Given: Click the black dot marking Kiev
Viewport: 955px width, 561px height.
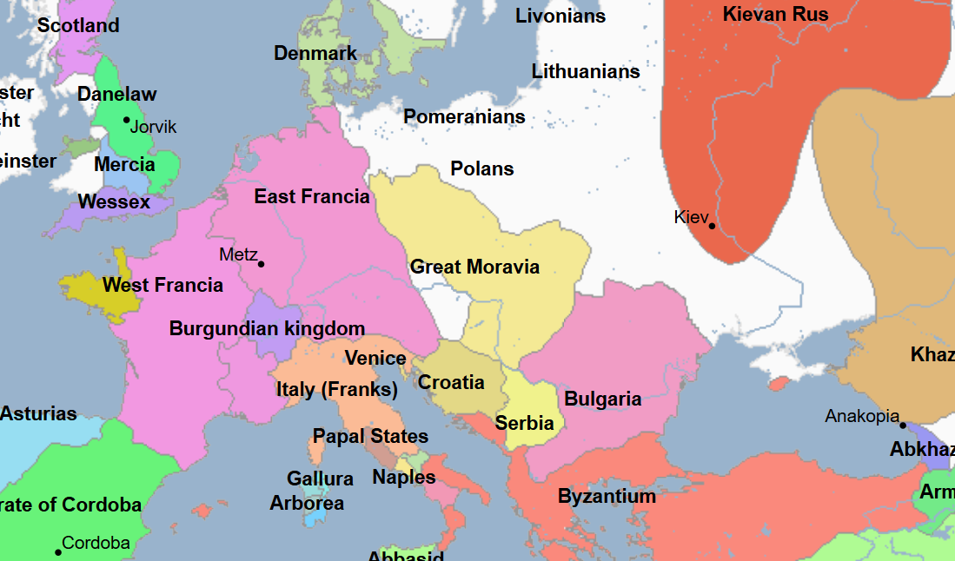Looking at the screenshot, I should (x=712, y=227).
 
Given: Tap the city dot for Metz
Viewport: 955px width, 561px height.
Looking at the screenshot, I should (x=261, y=264).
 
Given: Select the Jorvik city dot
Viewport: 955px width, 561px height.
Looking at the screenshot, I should (x=126, y=120).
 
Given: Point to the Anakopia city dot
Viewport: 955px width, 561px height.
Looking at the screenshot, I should (x=903, y=426).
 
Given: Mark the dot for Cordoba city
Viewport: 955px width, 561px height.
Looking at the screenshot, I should (x=58, y=552).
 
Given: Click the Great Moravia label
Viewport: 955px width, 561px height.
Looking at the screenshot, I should (x=474, y=267).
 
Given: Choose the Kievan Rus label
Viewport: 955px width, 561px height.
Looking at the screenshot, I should (x=775, y=14).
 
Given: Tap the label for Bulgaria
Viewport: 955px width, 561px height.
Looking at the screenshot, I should (x=603, y=399).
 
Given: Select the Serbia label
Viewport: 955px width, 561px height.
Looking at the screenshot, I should (x=525, y=424).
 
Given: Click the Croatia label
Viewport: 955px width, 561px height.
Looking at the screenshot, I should (x=451, y=382).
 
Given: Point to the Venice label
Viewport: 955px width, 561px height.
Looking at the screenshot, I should (x=375, y=358).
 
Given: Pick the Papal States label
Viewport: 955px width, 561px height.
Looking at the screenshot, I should (x=370, y=436).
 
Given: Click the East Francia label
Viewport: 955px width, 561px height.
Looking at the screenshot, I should (x=312, y=197).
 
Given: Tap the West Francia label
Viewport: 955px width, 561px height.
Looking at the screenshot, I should (x=162, y=285).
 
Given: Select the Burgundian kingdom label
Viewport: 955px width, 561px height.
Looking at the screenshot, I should (x=267, y=329).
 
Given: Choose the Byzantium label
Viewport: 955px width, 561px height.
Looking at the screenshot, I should (x=607, y=497).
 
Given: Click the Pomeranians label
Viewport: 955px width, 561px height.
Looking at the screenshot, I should (x=464, y=116).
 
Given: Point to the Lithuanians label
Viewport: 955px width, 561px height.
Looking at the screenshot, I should (x=586, y=71).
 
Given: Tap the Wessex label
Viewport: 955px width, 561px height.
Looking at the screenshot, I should (x=114, y=202).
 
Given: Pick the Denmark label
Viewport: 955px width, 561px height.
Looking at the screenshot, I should (x=315, y=53).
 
